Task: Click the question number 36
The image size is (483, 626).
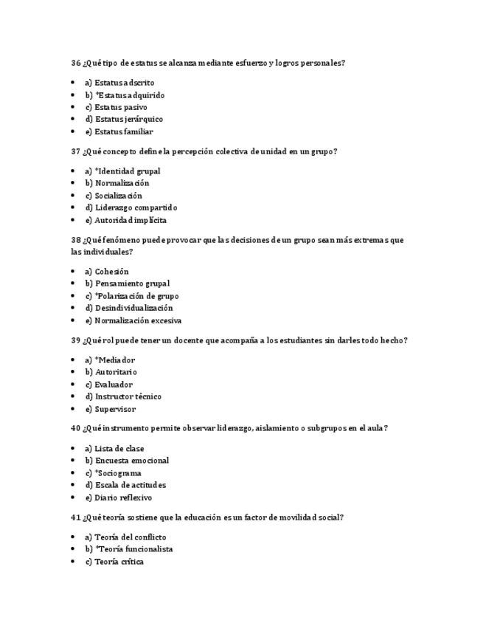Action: click(x=76, y=63)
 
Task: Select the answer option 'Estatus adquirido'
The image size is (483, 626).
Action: click(x=125, y=95)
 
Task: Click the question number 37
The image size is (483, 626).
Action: click(x=76, y=151)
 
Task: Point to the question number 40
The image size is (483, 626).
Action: click(x=76, y=428)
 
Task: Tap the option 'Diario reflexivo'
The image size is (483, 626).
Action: click(x=118, y=498)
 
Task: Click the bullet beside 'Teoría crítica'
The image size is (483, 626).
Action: click(x=73, y=562)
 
